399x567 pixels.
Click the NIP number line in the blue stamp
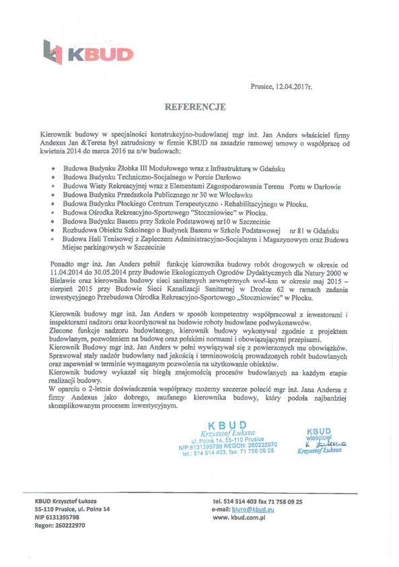(x=228, y=446)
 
